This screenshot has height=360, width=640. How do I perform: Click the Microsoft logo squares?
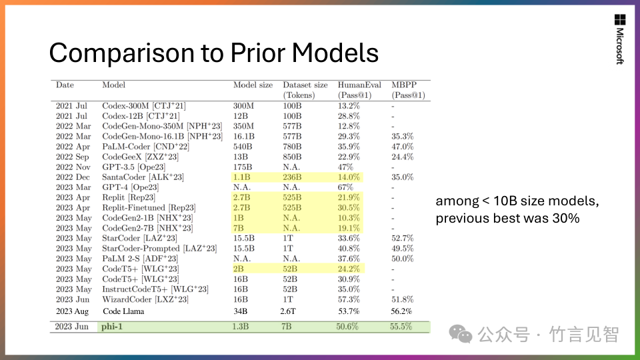619,20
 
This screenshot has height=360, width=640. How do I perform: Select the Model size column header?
253,85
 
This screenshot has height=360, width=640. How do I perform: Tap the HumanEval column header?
359,85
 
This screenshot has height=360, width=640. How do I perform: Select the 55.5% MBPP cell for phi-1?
401,327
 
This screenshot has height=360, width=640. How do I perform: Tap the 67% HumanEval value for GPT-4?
346,187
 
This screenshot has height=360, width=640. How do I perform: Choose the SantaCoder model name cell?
143,177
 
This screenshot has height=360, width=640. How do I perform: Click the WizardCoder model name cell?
145,300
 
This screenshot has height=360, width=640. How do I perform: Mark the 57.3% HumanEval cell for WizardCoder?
349,300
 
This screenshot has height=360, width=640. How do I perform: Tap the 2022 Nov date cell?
73,167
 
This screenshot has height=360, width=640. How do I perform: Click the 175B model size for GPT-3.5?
243,167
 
